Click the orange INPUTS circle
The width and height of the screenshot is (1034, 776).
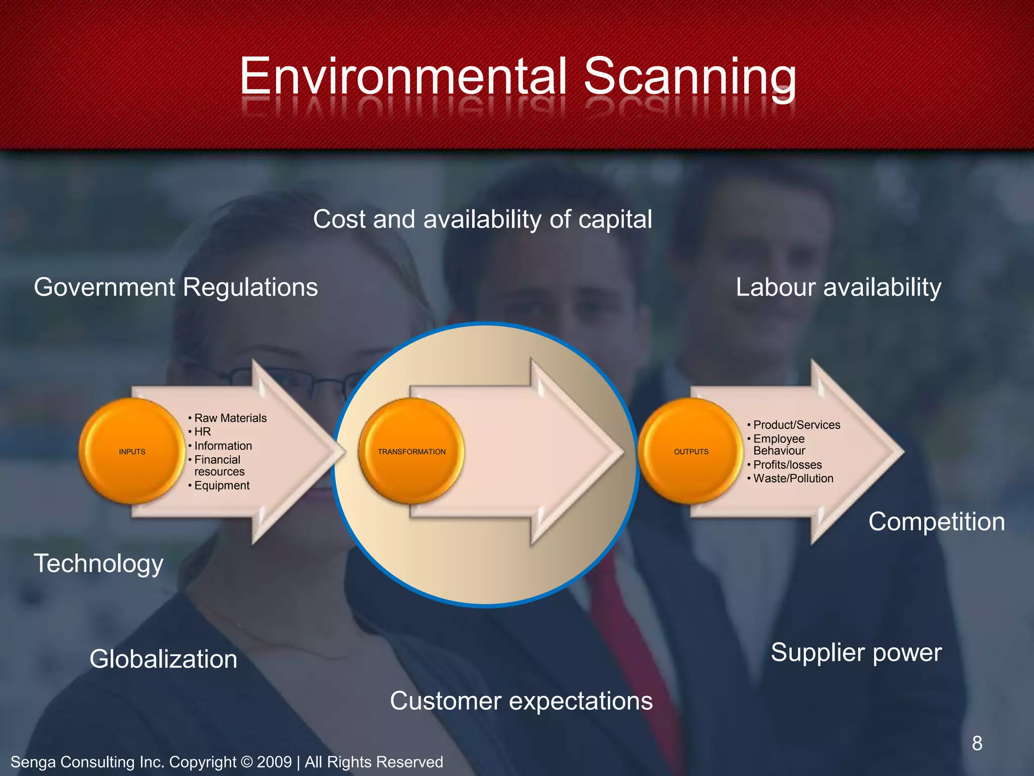click(x=132, y=451)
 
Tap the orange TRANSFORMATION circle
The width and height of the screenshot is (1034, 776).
click(x=411, y=451)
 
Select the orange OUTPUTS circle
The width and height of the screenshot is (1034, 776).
click(x=691, y=451)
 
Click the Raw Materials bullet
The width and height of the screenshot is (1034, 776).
click(x=230, y=418)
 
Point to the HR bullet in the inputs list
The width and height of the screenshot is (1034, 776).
click(x=202, y=431)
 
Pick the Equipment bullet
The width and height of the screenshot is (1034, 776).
click(x=222, y=485)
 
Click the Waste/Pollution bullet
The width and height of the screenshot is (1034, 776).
click(x=793, y=478)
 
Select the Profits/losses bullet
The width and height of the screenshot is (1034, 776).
click(x=787, y=464)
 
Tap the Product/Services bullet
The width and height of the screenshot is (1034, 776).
click(x=797, y=424)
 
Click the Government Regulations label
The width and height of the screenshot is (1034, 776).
click(x=176, y=287)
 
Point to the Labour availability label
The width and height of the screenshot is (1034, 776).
click(x=839, y=287)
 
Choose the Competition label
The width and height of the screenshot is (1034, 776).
click(x=937, y=521)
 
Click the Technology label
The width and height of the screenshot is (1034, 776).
click(x=98, y=563)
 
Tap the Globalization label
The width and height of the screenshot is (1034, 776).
click(x=163, y=659)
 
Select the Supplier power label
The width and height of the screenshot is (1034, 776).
click(x=856, y=652)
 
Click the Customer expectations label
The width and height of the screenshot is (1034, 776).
click(x=521, y=701)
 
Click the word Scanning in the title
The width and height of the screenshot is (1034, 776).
click(x=690, y=77)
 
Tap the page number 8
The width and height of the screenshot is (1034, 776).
click(x=977, y=743)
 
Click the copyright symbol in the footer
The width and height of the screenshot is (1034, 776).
click(x=246, y=762)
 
